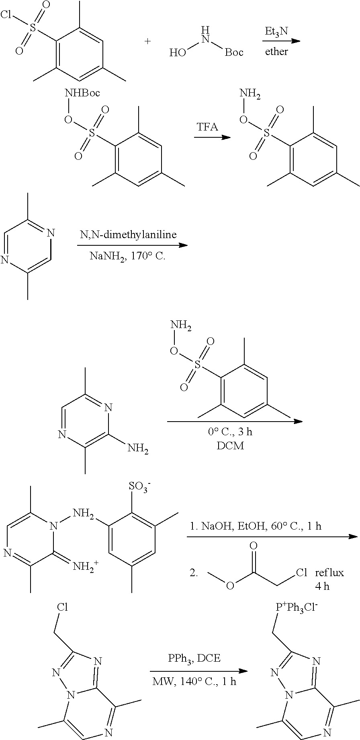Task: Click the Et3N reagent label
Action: tap(276, 31)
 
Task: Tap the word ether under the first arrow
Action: tap(276, 51)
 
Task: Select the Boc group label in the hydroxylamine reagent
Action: tap(234, 53)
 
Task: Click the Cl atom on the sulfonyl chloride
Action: tap(6, 15)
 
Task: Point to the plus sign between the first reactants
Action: tap(148, 41)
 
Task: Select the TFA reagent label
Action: tap(207, 127)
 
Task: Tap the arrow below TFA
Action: tap(212, 138)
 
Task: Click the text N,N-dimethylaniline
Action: tap(127, 235)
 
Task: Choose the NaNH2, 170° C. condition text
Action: tap(127, 256)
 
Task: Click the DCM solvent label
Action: tap(230, 446)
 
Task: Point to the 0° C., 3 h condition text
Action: tap(230, 432)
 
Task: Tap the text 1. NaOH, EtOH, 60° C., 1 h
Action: tap(256, 526)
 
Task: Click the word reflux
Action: tap(329, 573)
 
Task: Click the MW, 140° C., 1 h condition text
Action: tap(194, 681)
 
